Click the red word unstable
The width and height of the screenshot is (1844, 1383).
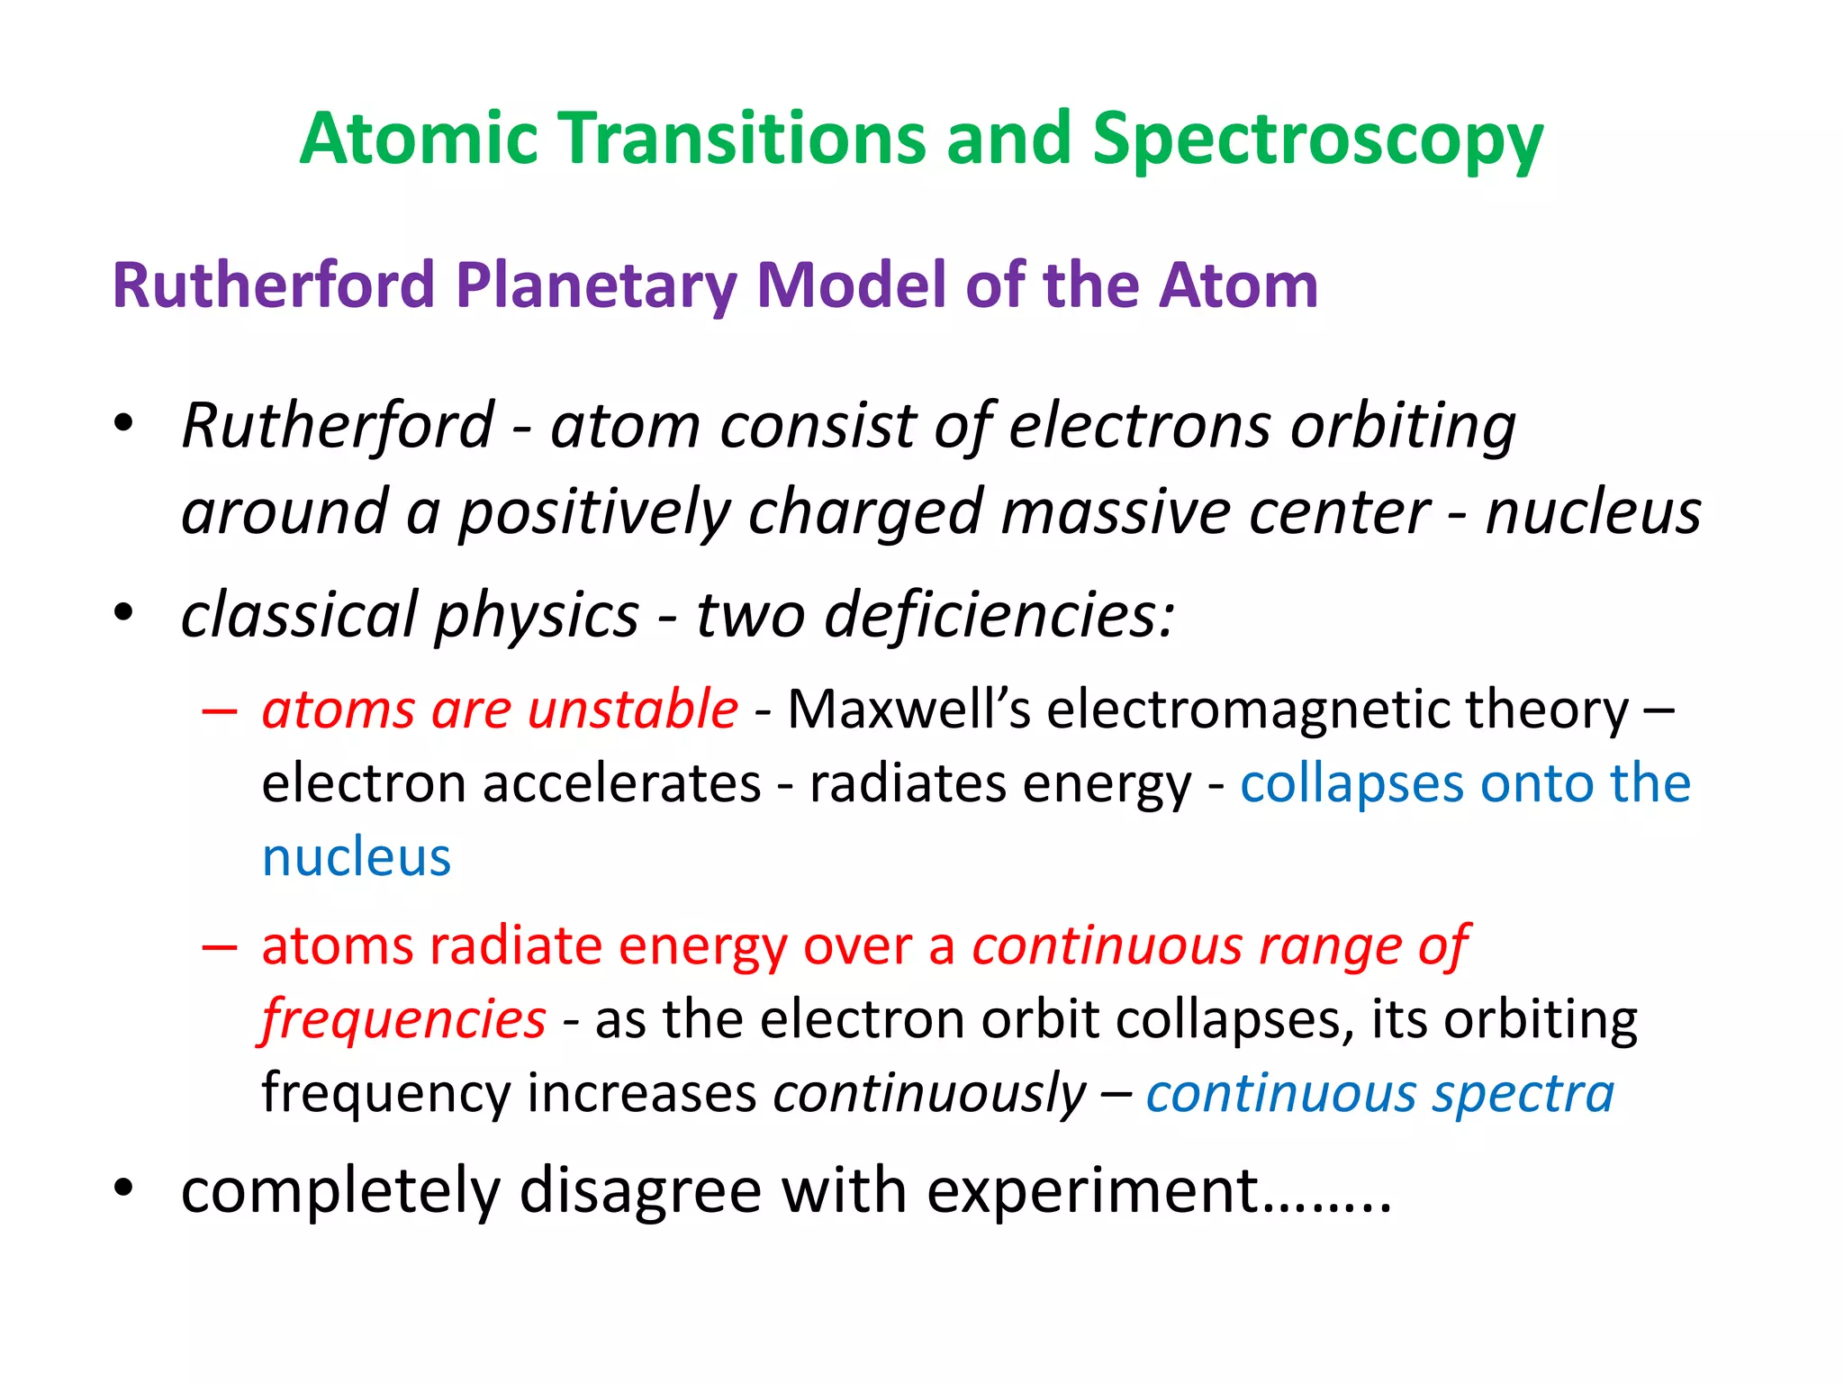coord(632,710)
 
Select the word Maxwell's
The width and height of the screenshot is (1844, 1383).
coord(909,710)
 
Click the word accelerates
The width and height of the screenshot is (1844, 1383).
coord(622,783)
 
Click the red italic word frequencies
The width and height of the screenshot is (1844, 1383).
coord(403,1020)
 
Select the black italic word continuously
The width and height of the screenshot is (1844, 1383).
coord(929,1094)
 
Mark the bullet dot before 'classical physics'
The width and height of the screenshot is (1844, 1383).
coord(123,613)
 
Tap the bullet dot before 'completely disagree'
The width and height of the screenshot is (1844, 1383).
coord(123,1189)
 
